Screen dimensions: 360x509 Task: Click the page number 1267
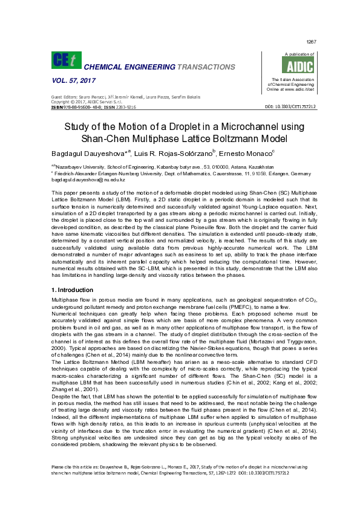point(311,42)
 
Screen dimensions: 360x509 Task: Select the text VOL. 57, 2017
point(71,80)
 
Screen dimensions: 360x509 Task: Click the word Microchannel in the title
point(237,128)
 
